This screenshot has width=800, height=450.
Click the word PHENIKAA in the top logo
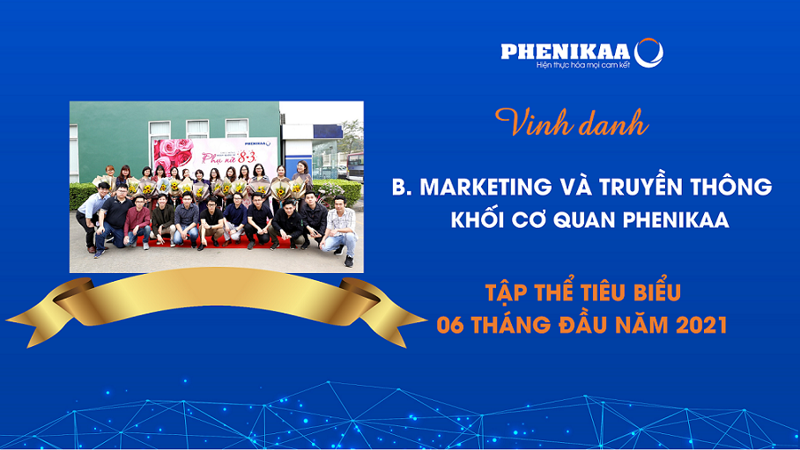coord(566,52)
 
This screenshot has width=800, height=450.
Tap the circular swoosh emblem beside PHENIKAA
coord(648,53)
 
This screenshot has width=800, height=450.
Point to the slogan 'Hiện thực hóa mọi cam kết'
coord(583,65)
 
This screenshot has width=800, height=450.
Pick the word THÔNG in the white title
coord(731,185)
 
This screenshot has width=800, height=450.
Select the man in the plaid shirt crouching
coord(340,230)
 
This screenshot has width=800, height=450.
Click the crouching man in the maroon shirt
coord(137,223)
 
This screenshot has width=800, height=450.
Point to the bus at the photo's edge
coord(355,166)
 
